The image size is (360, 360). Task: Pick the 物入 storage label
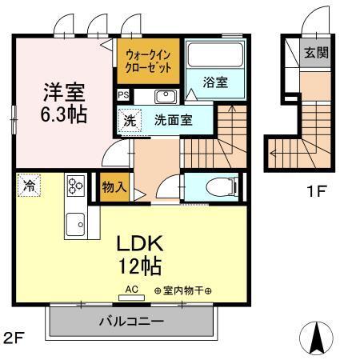pos(114,187)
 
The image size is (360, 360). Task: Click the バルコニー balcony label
pos(132,322)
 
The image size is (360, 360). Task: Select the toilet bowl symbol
pos(218,187)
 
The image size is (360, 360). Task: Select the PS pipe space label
pos(122,94)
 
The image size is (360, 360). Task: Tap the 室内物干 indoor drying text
pos(184,290)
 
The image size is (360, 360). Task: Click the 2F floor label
pos(14,337)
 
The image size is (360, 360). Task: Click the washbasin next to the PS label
pos(166,97)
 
